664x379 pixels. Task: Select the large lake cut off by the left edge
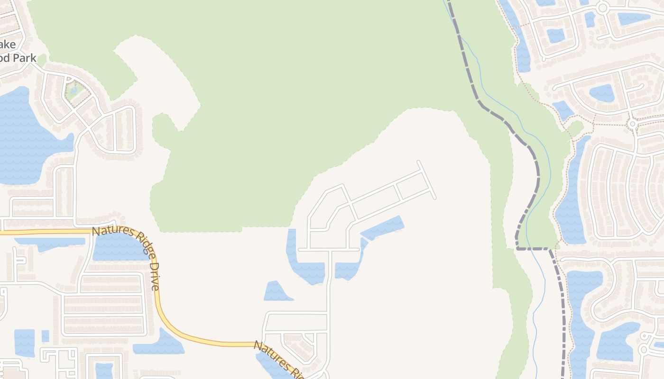tap(24, 137)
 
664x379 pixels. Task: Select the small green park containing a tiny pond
tap(76, 90)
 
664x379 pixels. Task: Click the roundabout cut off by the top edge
tap(603, 8)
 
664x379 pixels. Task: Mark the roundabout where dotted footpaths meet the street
tap(632, 124)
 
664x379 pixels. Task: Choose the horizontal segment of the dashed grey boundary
tap(533, 248)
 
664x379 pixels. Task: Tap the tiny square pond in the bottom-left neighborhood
tap(46, 336)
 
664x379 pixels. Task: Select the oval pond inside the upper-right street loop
tap(601, 93)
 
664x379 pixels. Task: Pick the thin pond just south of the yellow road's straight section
tap(50, 243)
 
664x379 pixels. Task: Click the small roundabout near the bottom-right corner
tap(644, 350)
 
